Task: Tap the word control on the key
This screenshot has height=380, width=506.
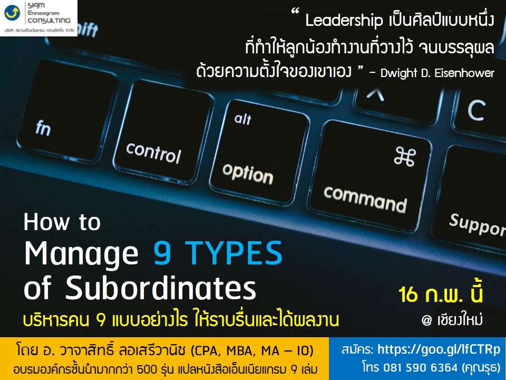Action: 153,153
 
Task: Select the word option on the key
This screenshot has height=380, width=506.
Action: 248,174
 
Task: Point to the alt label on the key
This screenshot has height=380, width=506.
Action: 242,119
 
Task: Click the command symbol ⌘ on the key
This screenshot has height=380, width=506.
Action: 405,156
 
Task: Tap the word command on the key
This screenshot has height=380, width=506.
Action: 365,199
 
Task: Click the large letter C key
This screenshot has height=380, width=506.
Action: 476,110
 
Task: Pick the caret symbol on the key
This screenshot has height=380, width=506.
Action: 375,94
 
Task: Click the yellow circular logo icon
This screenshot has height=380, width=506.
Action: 12,13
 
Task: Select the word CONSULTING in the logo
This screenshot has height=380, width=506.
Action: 48,21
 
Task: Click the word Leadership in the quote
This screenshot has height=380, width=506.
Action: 344,21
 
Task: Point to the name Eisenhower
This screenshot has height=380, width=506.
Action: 464,73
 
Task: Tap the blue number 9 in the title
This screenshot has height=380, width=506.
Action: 162,253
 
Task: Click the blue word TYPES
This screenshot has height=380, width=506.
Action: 233,253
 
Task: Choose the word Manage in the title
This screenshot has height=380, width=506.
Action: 81,254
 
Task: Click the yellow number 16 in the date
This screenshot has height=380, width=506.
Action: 408,294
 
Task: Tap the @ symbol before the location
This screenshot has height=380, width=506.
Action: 426,320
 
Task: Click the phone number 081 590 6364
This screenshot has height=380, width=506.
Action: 421,367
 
